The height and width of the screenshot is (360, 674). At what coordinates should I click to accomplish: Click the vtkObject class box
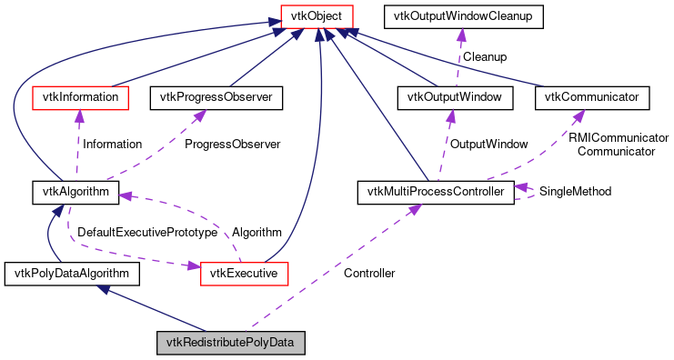(317, 17)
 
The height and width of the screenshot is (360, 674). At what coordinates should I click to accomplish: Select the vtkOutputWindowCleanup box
(464, 17)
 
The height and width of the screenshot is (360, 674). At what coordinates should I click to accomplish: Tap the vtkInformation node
(77, 95)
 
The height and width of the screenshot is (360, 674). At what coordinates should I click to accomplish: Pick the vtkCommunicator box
(591, 95)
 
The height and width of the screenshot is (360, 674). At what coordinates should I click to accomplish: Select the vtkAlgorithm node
(71, 192)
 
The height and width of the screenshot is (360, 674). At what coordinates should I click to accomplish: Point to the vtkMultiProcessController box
(435, 192)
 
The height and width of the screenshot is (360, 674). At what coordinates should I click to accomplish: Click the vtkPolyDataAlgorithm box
(72, 272)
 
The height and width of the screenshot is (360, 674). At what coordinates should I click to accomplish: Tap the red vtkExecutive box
(244, 272)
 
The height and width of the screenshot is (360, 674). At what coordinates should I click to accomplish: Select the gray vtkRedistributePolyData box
(229, 343)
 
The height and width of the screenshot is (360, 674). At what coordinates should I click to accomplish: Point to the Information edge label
(112, 144)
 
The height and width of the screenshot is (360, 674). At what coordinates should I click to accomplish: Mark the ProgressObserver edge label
(232, 144)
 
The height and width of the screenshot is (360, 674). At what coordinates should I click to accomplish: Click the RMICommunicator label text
(619, 137)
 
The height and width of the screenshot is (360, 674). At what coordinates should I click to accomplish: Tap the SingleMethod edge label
(575, 192)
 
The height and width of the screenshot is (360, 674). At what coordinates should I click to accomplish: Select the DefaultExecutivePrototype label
(146, 233)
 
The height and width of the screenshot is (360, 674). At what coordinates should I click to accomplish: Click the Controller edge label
(369, 273)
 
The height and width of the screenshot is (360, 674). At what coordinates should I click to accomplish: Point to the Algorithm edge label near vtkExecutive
(257, 233)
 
